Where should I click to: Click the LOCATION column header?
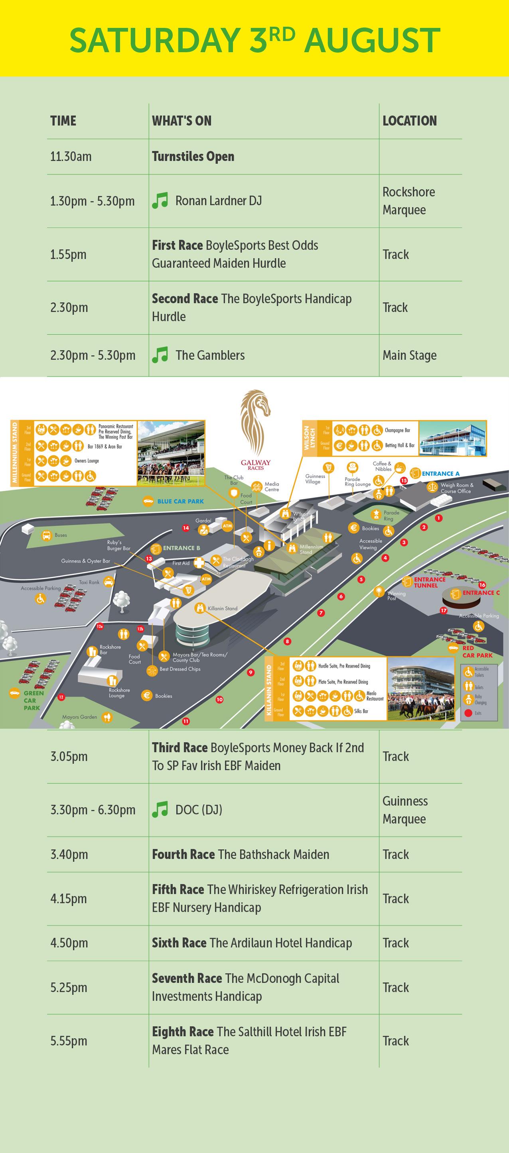[x=410, y=121]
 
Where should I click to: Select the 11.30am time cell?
[x=71, y=157]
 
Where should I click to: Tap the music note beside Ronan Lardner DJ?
[x=160, y=200]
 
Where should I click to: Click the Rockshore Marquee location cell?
[x=408, y=201]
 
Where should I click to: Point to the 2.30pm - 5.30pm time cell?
[x=93, y=355]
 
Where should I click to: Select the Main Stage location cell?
[x=409, y=355]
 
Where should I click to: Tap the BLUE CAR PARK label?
[x=180, y=501]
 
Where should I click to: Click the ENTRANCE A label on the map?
[x=440, y=474]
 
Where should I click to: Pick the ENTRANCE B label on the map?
[x=181, y=548]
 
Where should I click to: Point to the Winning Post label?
[x=396, y=595]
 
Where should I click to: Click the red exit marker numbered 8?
[x=288, y=641]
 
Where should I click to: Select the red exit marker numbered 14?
[x=186, y=528]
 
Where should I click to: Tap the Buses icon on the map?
[x=47, y=535]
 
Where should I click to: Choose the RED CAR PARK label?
[x=477, y=651]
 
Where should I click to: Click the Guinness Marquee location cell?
[x=404, y=810]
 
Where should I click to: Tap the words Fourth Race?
[x=183, y=855]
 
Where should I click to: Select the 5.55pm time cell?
[x=69, y=1041]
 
